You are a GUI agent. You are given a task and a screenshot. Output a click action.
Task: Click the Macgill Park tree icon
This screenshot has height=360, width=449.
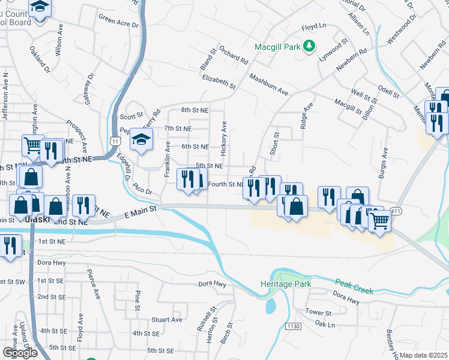[x=309, y=46]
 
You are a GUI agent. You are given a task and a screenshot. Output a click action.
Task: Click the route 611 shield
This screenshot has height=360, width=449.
[x=395, y=211]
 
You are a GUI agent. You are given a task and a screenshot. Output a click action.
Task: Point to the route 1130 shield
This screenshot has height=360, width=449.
[x=292, y=326]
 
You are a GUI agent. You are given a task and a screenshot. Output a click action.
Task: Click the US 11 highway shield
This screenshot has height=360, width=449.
[x=115, y=140]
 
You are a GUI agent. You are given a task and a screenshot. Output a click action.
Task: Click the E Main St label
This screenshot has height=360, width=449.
[x=140, y=211]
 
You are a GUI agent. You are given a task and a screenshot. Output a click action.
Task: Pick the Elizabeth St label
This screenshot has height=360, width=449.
[x=219, y=82]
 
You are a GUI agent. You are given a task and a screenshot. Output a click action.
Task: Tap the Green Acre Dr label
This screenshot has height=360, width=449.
[x=118, y=22]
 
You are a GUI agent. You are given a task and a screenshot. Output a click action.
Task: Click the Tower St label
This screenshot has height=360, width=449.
[x=318, y=313]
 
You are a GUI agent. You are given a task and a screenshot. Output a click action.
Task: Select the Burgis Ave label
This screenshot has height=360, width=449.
[x=382, y=169]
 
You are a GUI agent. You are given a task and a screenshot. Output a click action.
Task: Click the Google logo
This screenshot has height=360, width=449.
[x=20, y=352]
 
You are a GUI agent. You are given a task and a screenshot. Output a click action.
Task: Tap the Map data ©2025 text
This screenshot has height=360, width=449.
[x=424, y=355]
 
